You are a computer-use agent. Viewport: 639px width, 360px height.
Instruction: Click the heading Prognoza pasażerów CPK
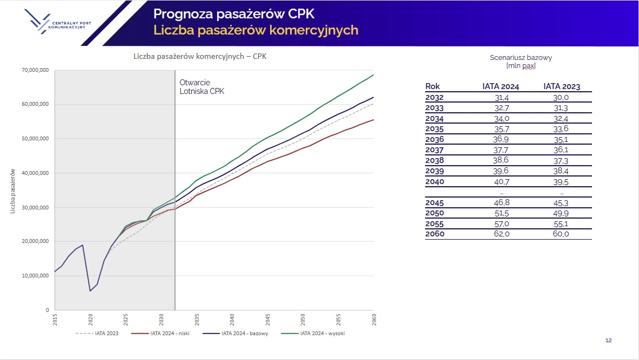tap(234, 13)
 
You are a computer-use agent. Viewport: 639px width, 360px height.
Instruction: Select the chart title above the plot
tap(200, 56)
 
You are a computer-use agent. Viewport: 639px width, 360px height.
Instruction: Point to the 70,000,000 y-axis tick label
tap(36, 70)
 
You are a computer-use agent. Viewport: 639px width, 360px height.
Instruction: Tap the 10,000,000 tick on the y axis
tap(36, 276)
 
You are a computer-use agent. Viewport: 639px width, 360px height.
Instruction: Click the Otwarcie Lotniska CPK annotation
tap(201, 87)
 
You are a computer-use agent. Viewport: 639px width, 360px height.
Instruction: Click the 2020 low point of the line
tap(90, 291)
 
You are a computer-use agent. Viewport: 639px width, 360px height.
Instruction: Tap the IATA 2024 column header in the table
tap(501, 86)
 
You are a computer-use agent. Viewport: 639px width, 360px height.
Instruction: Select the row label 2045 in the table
tap(434, 203)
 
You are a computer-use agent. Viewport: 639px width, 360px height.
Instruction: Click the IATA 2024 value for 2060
tap(501, 234)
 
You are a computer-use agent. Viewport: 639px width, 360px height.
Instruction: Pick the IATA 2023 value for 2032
tap(562, 98)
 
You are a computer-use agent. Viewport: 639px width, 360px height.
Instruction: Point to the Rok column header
tap(433, 86)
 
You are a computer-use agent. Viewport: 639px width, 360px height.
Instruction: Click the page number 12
tap(608, 341)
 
